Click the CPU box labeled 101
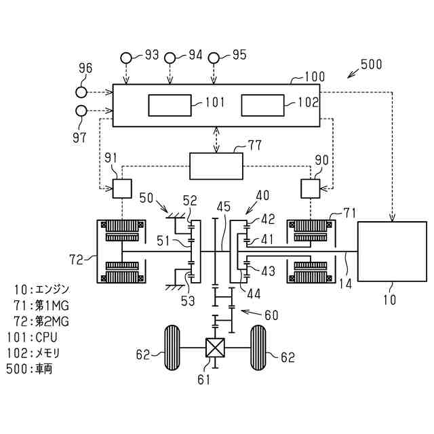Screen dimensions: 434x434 170,105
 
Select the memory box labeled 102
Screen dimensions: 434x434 262,105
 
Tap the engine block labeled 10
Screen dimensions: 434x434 392,252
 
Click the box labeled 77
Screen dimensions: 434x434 216,166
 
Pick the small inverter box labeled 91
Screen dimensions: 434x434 122,189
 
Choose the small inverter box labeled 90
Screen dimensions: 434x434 311,189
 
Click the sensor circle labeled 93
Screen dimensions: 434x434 126,58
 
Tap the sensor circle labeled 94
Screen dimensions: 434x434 170,58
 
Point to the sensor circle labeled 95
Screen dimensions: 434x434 214,58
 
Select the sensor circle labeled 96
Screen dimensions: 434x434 81,92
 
